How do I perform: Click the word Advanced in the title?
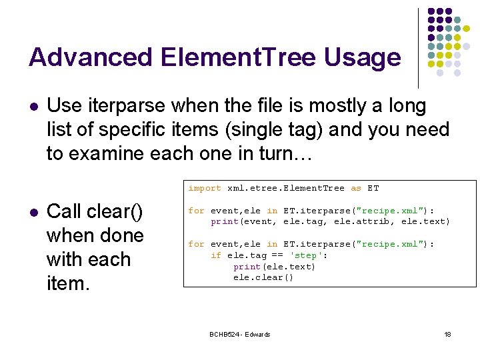click(91, 58)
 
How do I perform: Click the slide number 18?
click(447, 334)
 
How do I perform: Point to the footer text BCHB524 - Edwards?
click(239, 334)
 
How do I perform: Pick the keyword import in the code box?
click(205, 188)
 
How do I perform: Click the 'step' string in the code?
click(307, 255)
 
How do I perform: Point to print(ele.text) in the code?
click(274, 267)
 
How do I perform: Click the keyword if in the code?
click(216, 255)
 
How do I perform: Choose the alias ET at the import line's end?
click(373, 188)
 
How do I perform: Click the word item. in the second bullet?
click(67, 283)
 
